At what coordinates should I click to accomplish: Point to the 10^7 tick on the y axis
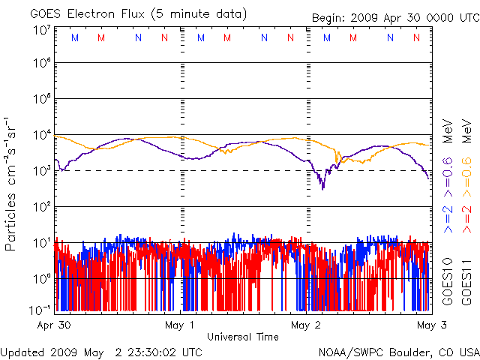pos(41,30)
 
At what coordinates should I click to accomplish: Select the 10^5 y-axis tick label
pos(41,99)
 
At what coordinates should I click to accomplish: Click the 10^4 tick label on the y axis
pos(41,135)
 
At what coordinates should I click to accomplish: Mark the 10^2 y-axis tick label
pos(41,207)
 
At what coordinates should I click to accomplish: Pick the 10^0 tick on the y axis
pos(41,279)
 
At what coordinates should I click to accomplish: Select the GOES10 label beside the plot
pos(446,282)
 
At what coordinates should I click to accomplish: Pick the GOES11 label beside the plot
pos(466,282)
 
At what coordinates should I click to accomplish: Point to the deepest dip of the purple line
pos(323,188)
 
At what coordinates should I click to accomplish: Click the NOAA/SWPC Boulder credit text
pos(398,352)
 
